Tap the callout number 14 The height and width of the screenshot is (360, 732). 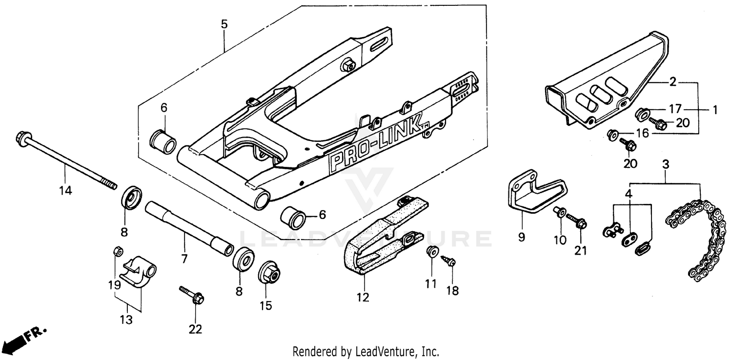[x=66, y=190]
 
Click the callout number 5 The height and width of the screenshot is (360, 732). [x=224, y=24]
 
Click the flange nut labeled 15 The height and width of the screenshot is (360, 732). [x=269, y=274]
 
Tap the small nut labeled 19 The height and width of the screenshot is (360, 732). [x=117, y=251]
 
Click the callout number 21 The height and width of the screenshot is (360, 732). [x=581, y=251]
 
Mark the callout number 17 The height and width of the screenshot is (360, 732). [x=674, y=109]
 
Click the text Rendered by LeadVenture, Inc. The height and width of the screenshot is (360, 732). [x=366, y=351]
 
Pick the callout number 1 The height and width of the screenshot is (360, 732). [x=715, y=110]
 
